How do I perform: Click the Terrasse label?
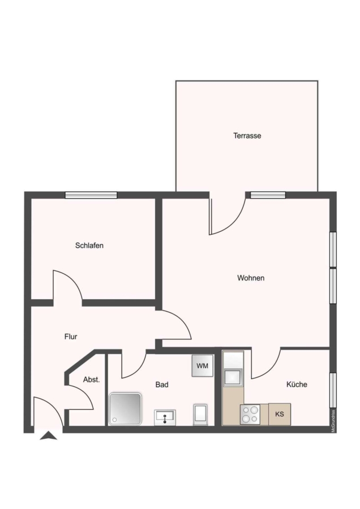(x=247, y=136)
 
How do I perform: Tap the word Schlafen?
(x=89, y=245)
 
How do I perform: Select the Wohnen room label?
(x=251, y=278)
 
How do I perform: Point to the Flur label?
(x=71, y=337)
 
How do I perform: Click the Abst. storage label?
(x=91, y=379)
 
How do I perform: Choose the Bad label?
(x=162, y=385)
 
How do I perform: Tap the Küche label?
(x=297, y=385)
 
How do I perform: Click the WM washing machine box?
(x=202, y=366)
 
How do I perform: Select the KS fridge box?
(x=280, y=414)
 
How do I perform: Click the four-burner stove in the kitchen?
(x=250, y=414)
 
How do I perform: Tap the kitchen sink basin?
(x=233, y=377)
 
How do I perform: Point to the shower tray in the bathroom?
(x=126, y=409)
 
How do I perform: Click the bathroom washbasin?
(x=165, y=417)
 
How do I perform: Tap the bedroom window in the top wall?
(x=91, y=195)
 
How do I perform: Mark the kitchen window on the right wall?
(x=333, y=390)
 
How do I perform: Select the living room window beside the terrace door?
(x=268, y=195)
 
